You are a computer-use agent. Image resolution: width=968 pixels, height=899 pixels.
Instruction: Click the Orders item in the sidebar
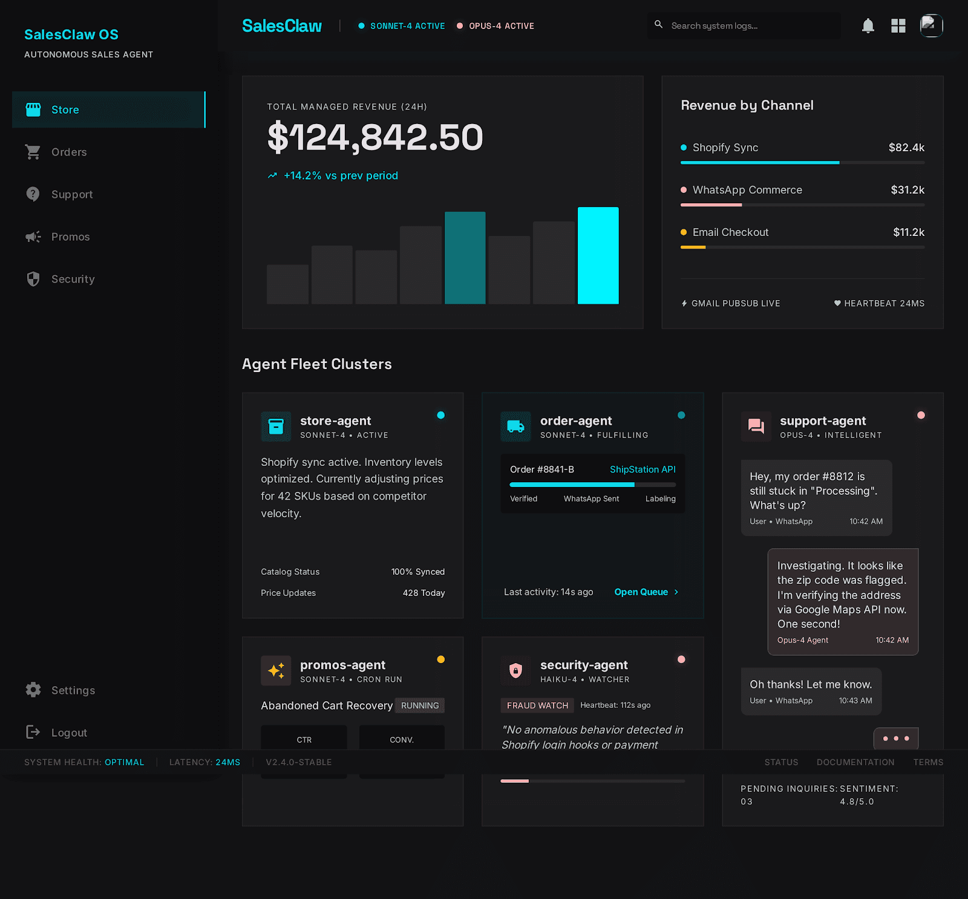(x=68, y=152)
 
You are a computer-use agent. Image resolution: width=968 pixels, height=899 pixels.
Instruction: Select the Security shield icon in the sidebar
(x=33, y=279)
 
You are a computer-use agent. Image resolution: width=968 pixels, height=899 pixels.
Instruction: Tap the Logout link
(x=69, y=733)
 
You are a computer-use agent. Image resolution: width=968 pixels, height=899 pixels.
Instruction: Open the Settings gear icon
(x=33, y=690)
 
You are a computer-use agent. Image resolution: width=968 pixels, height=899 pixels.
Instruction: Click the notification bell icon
(x=868, y=26)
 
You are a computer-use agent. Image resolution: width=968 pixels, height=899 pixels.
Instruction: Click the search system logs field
(x=750, y=26)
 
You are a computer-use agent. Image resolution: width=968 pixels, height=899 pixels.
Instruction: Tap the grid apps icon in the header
(x=898, y=26)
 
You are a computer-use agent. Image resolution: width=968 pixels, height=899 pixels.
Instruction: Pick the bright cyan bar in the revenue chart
(x=598, y=255)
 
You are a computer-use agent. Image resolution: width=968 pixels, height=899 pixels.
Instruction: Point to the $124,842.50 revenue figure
(x=375, y=137)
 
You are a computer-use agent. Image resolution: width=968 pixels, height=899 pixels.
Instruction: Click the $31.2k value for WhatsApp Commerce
(x=907, y=190)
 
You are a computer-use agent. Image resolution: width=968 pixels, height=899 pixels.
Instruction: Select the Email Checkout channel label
(x=730, y=232)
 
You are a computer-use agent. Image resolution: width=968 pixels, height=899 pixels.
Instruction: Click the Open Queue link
(x=641, y=592)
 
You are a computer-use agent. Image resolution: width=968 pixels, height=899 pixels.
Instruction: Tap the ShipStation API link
(x=643, y=469)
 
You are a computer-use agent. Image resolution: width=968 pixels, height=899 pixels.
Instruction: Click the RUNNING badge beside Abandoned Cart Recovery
(x=420, y=705)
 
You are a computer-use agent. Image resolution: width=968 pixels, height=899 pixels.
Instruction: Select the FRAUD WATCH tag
(x=537, y=705)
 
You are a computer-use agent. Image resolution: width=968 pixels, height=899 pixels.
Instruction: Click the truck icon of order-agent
(x=515, y=427)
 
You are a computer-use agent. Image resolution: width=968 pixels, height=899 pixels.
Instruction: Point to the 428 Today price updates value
(x=423, y=593)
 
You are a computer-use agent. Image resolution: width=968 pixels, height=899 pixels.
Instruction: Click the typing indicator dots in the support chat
(x=896, y=739)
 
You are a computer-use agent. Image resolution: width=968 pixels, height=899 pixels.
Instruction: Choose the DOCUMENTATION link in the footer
(x=855, y=762)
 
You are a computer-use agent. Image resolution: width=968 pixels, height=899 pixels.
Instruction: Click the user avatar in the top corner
(x=931, y=26)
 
